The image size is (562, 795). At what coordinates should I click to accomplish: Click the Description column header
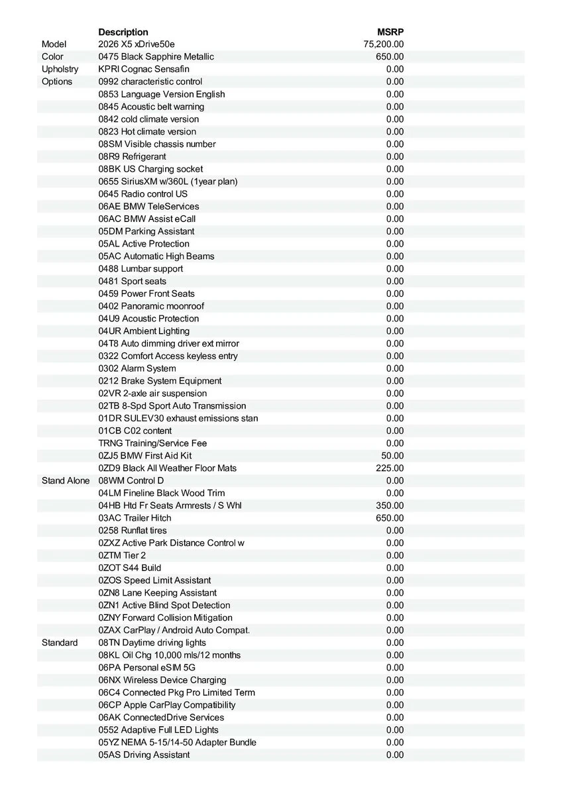123,32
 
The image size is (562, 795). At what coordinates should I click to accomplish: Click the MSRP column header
390,32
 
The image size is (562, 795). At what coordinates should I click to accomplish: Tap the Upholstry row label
60,69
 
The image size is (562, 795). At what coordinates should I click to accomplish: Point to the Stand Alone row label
66,480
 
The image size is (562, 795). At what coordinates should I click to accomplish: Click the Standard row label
60,643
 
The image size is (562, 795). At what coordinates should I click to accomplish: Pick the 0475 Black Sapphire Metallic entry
156,57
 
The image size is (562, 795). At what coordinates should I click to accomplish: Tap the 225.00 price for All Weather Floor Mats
390,468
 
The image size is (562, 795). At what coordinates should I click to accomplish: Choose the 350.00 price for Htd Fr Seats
390,505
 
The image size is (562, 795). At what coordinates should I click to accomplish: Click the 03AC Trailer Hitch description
135,518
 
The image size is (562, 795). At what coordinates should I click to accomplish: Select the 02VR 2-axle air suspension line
152,394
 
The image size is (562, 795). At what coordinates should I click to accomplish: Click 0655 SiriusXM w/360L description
168,182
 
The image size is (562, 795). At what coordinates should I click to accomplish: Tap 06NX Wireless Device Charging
162,680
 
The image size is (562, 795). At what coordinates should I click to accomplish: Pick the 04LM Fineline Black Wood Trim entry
162,493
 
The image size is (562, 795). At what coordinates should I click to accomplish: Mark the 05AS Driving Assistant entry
144,755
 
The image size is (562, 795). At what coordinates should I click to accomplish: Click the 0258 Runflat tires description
133,531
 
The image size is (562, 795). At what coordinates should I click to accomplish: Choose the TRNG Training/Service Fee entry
152,443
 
